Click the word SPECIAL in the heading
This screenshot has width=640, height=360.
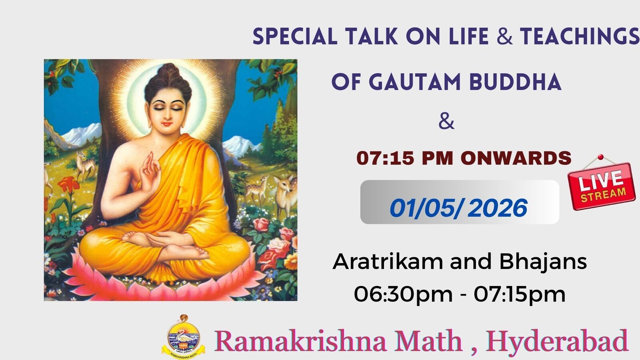tap(295, 36)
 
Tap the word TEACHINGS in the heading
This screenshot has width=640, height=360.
tap(580, 36)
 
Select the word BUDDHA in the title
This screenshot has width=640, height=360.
tap(516, 82)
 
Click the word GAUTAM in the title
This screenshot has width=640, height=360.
tap(416, 82)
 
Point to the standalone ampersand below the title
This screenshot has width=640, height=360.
tap(446, 122)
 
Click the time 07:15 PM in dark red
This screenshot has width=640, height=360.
tap(405, 158)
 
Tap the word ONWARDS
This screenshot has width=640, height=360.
tap(516, 158)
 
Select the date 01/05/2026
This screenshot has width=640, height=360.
tap(458, 208)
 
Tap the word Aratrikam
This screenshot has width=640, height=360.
tap(388, 262)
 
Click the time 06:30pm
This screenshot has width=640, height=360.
tap(403, 295)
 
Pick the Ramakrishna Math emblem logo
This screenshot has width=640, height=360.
tap(184, 336)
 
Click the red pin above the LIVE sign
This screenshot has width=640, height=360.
tap(600, 157)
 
